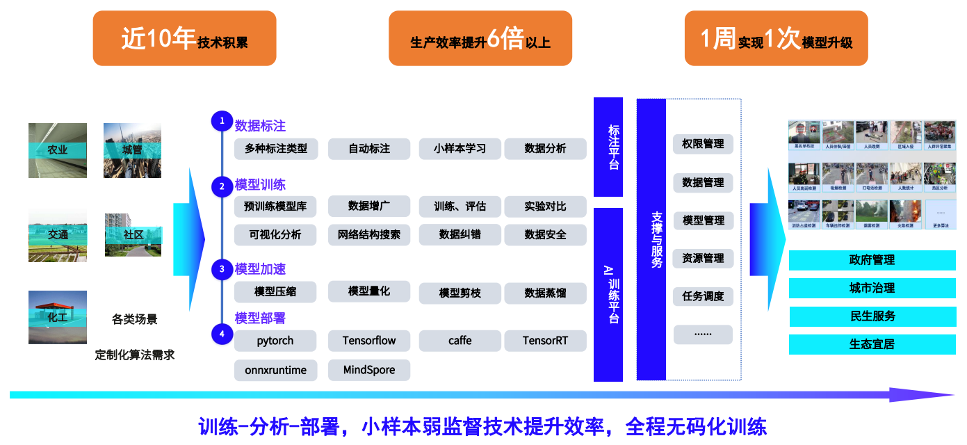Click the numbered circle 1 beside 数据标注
(222, 121)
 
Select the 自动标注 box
(369, 149)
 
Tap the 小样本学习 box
(460, 149)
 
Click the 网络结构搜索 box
(369, 235)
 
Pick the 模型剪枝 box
(460, 293)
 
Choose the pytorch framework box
(275, 341)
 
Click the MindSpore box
(369, 370)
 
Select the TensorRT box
(545, 341)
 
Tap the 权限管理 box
(703, 144)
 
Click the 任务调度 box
(703, 296)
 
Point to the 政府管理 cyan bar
(872, 260)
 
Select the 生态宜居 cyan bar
(872, 344)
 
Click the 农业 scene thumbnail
(58, 150)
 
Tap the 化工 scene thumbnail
(58, 317)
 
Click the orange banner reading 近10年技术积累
(184, 39)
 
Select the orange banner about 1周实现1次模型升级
(776, 39)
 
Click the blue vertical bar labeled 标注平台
(608, 147)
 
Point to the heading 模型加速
(260, 269)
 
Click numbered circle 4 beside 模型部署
(222, 334)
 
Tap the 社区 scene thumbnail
(133, 235)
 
